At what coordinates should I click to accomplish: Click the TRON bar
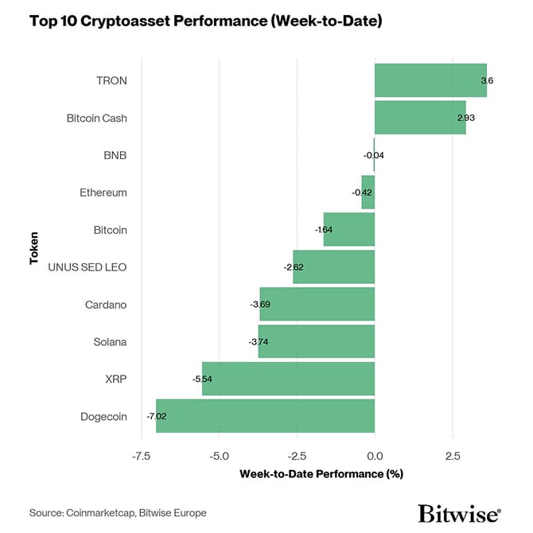430,80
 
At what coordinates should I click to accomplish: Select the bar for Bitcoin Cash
420,118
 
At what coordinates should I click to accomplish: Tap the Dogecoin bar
265,416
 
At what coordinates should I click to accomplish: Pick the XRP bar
288,379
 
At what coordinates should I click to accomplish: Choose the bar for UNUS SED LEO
333,266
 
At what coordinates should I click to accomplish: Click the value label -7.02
156,416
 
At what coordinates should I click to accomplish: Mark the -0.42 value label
362,193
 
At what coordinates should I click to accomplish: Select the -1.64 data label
324,230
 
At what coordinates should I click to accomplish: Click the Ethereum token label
103,193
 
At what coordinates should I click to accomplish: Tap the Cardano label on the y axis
106,305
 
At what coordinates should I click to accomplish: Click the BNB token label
115,155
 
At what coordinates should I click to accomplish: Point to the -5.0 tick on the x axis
219,457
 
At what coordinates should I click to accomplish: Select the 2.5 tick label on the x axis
452,457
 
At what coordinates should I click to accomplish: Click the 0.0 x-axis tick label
375,457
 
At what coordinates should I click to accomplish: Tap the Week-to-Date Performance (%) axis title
321,474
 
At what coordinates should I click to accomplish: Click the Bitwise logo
459,513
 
